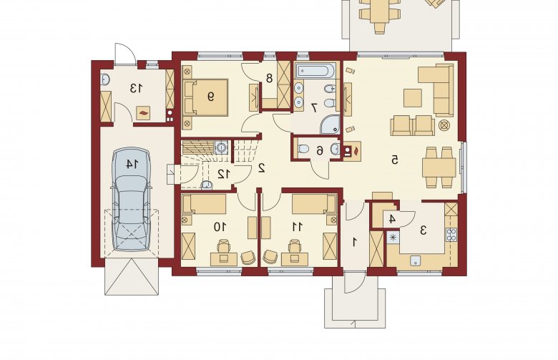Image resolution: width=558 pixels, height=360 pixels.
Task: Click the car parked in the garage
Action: pyautogui.click(x=131, y=200)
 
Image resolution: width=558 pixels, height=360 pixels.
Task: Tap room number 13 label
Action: pyautogui.click(x=136, y=88)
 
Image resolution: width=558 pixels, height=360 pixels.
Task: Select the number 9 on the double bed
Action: pyautogui.click(x=210, y=96)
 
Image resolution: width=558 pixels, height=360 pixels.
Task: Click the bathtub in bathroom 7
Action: pyautogui.click(x=315, y=71)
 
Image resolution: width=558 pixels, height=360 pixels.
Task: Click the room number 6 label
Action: pyautogui.click(x=320, y=151)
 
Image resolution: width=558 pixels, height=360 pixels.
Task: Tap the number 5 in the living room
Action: pyautogui.click(x=394, y=160)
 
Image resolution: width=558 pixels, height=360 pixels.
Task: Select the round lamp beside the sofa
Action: pyautogui.click(x=444, y=125)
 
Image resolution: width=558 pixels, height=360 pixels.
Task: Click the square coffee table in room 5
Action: pyautogui.click(x=413, y=97)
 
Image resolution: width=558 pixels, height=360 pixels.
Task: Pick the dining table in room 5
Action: pyautogui.click(x=439, y=167)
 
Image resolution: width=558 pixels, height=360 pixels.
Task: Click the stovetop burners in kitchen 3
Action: pyautogui.click(x=451, y=235)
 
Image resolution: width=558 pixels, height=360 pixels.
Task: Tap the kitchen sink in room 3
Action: pyautogui.click(x=415, y=261)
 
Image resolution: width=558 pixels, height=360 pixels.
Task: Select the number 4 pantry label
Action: pyautogui.click(x=392, y=219)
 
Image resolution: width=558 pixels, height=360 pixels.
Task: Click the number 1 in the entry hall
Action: pyautogui.click(x=354, y=242)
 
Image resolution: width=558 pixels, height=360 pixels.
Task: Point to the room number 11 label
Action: pyautogui.click(x=297, y=226)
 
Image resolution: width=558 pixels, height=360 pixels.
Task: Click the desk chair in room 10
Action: pyautogui.click(x=223, y=246)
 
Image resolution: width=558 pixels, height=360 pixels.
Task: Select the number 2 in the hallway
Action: pyautogui.click(x=262, y=167)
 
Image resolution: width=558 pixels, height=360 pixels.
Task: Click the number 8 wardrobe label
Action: pyautogui.click(x=269, y=77)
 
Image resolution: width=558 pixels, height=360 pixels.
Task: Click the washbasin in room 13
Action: pyautogui.click(x=104, y=80)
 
